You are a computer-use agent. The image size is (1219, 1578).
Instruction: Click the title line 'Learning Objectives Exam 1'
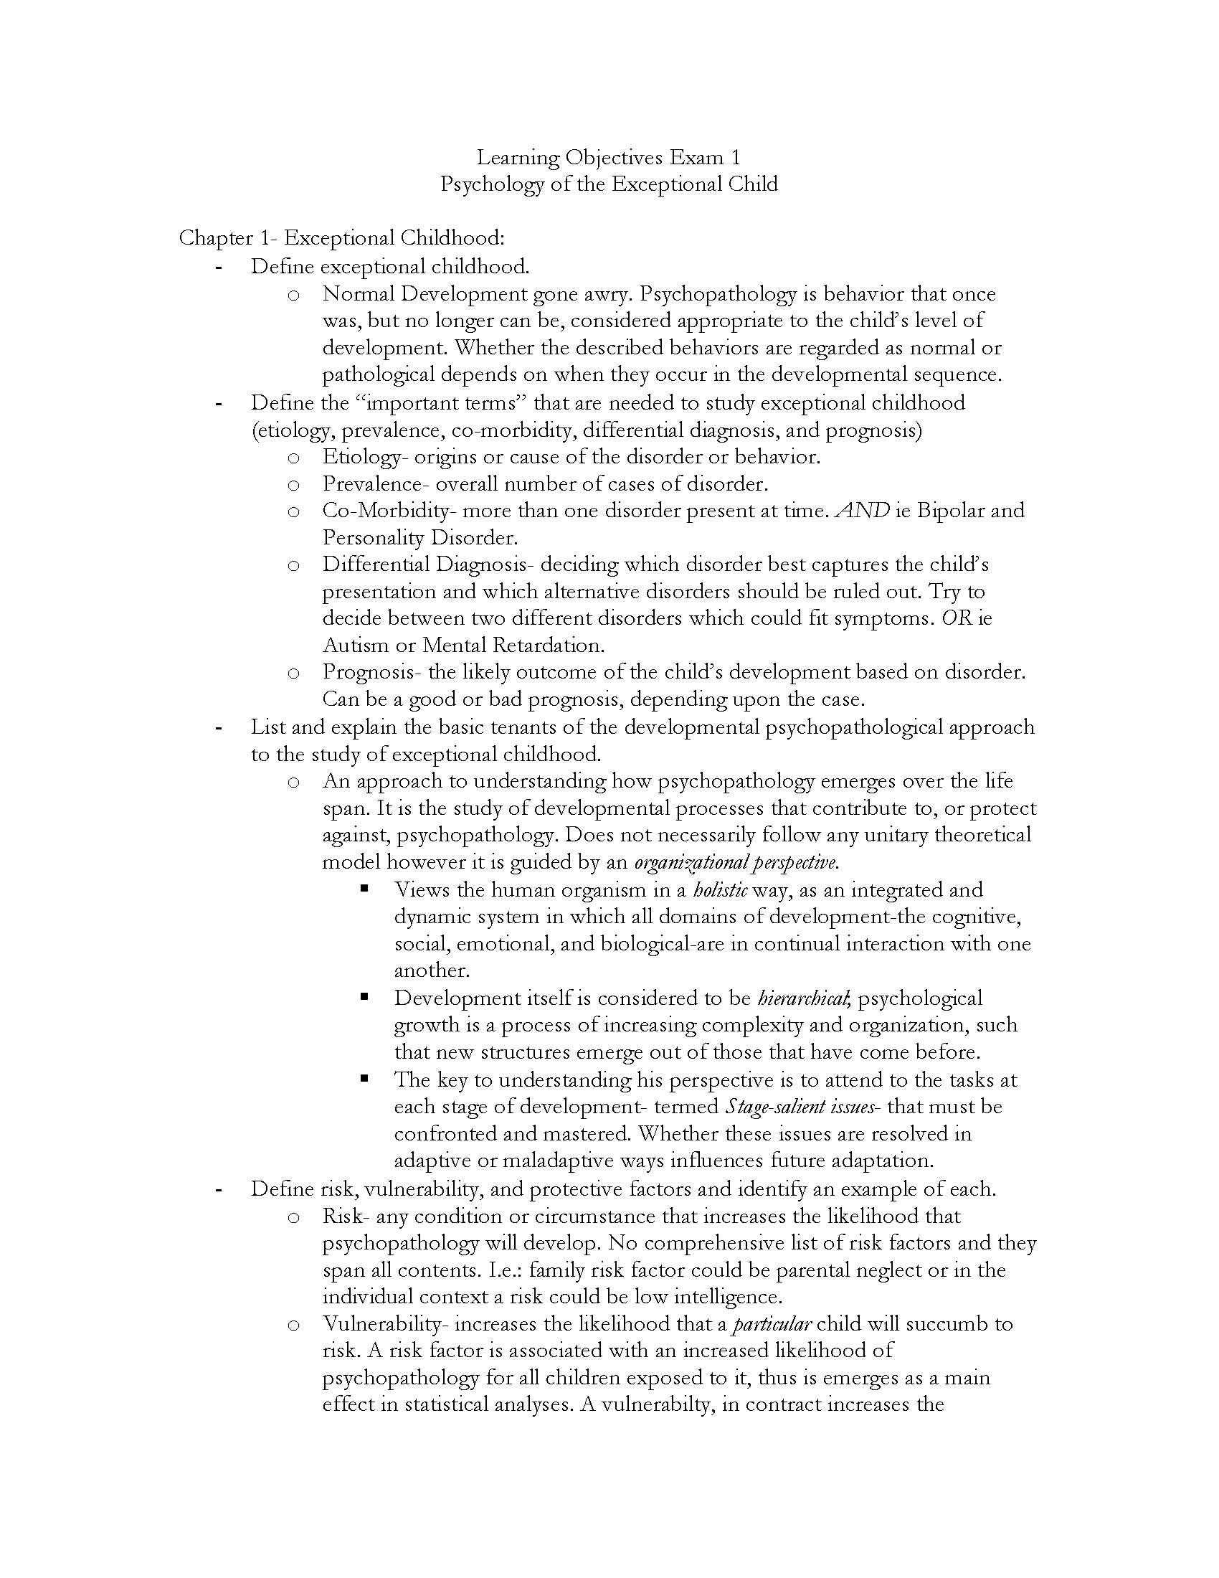pos(608,158)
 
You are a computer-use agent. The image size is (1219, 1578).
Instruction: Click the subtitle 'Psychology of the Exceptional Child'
pos(609,184)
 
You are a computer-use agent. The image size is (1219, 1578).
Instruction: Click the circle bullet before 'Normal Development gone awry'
pos(293,296)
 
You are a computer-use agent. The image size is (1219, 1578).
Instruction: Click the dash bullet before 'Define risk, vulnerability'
pos(218,1189)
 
